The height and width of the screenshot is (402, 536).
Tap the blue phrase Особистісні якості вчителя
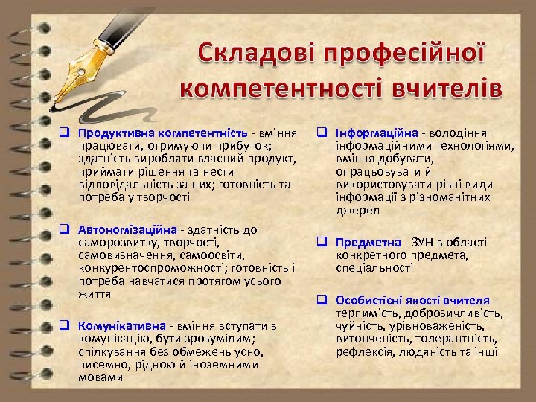point(412,300)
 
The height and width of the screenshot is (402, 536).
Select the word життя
point(94,293)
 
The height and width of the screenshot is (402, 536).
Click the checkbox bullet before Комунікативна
point(65,325)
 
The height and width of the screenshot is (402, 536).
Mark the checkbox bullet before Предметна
point(323,243)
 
